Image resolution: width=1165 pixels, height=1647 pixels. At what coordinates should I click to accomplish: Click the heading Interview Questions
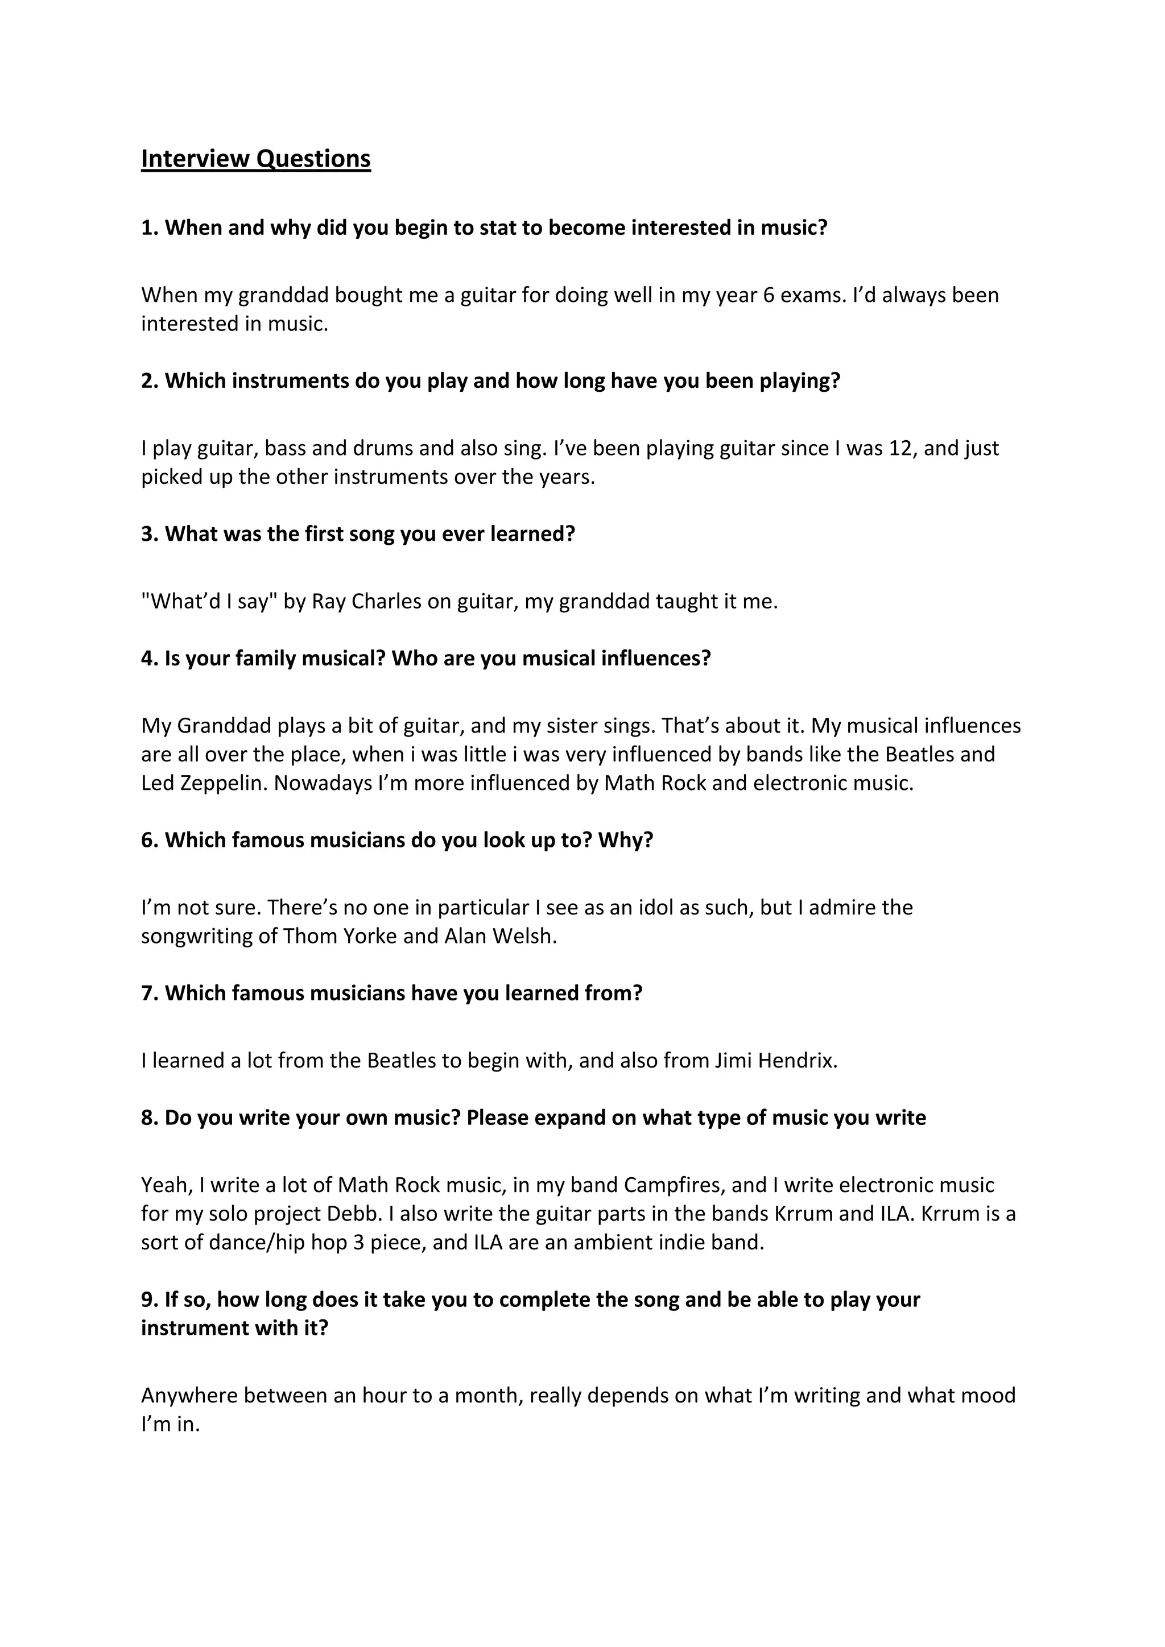coord(255,159)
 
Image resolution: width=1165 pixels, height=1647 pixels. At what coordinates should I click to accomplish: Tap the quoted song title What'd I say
coord(209,601)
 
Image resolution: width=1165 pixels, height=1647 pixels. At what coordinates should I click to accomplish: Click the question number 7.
coord(148,994)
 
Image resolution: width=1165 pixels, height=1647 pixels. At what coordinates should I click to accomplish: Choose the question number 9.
coord(148,1300)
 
